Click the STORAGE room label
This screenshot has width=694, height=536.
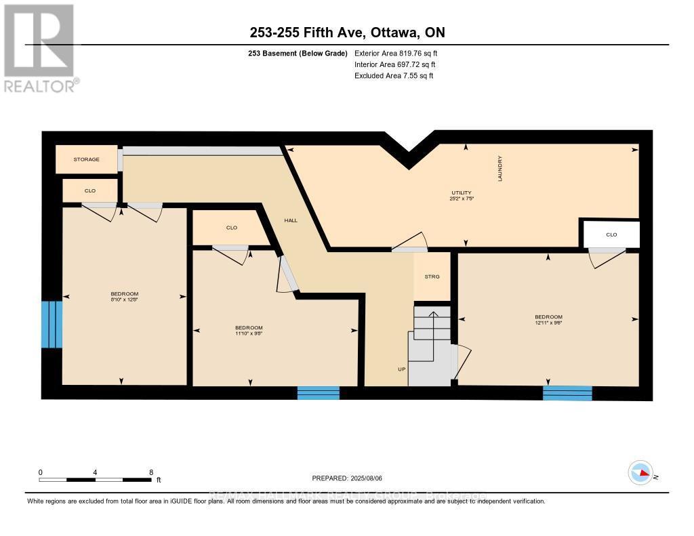pyautogui.click(x=87, y=159)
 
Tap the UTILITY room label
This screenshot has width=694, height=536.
pyautogui.click(x=462, y=192)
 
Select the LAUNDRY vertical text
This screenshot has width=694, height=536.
pyautogui.click(x=499, y=169)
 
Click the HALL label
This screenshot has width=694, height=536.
pyautogui.click(x=290, y=220)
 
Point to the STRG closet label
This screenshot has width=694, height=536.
pyautogui.click(x=432, y=276)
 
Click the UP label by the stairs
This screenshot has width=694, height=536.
pyautogui.click(x=401, y=369)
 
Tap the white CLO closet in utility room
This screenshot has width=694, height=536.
pyautogui.click(x=611, y=234)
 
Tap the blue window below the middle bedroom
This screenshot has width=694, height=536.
pyautogui.click(x=318, y=392)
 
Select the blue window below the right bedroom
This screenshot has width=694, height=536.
pyautogui.click(x=567, y=392)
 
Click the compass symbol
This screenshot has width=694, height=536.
pyautogui.click(x=640, y=473)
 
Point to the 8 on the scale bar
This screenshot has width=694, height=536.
pyautogui.click(x=150, y=472)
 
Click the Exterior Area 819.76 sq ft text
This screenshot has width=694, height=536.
pyautogui.click(x=401, y=53)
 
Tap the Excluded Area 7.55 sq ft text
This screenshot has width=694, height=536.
pyautogui.click(x=393, y=76)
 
